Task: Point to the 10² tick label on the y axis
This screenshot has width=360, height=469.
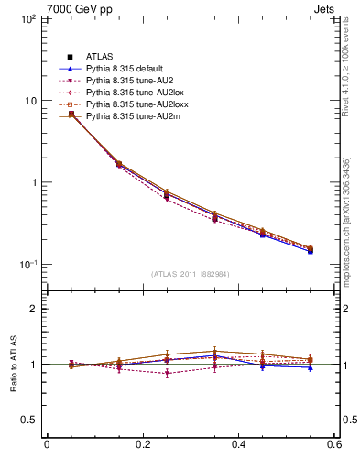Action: tap(27, 18)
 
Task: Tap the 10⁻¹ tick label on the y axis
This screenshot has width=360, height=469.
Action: tap(27, 265)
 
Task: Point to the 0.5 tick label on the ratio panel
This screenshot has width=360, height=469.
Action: tap(29, 420)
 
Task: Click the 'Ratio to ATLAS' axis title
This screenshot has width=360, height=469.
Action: tap(12, 365)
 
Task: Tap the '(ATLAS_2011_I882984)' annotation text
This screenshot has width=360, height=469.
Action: tap(191, 274)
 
